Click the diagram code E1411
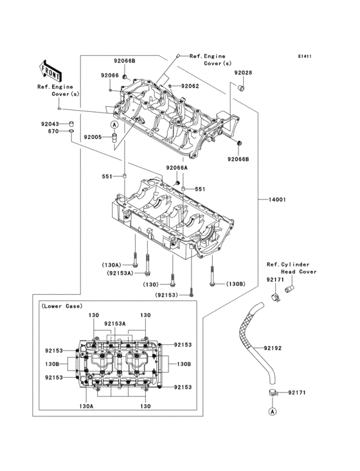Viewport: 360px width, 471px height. (304, 57)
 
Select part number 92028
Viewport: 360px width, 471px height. (243, 73)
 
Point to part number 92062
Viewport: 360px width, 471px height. (190, 86)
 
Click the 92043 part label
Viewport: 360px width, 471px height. (50, 124)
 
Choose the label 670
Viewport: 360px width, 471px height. (53, 131)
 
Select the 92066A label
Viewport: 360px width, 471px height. (176, 167)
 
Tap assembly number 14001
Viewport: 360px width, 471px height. (273, 199)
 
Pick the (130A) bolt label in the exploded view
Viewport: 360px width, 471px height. (112, 264)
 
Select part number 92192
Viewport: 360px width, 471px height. (273, 349)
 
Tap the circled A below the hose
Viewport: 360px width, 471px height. (272, 411)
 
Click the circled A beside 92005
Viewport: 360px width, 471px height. (114, 124)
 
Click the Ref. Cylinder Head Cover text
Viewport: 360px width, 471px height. (288, 268)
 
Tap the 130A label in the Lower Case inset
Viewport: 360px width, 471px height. (86, 407)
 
